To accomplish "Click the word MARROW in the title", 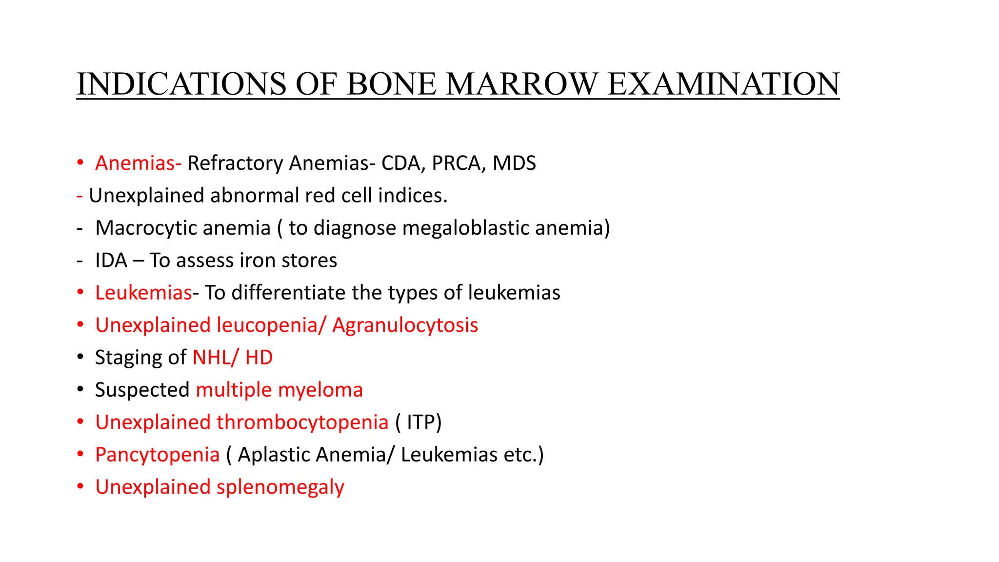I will pos(521,84).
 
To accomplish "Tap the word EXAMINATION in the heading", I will pos(723,84).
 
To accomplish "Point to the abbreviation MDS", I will pos(514,163).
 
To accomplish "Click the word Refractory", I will pos(235,163).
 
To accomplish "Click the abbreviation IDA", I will pos(111,261).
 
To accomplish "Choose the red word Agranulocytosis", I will pos(405,325).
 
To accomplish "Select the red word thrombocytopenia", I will pos(302,422).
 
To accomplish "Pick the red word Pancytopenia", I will pos(157,455).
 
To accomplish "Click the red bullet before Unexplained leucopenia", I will pos(80,325).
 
